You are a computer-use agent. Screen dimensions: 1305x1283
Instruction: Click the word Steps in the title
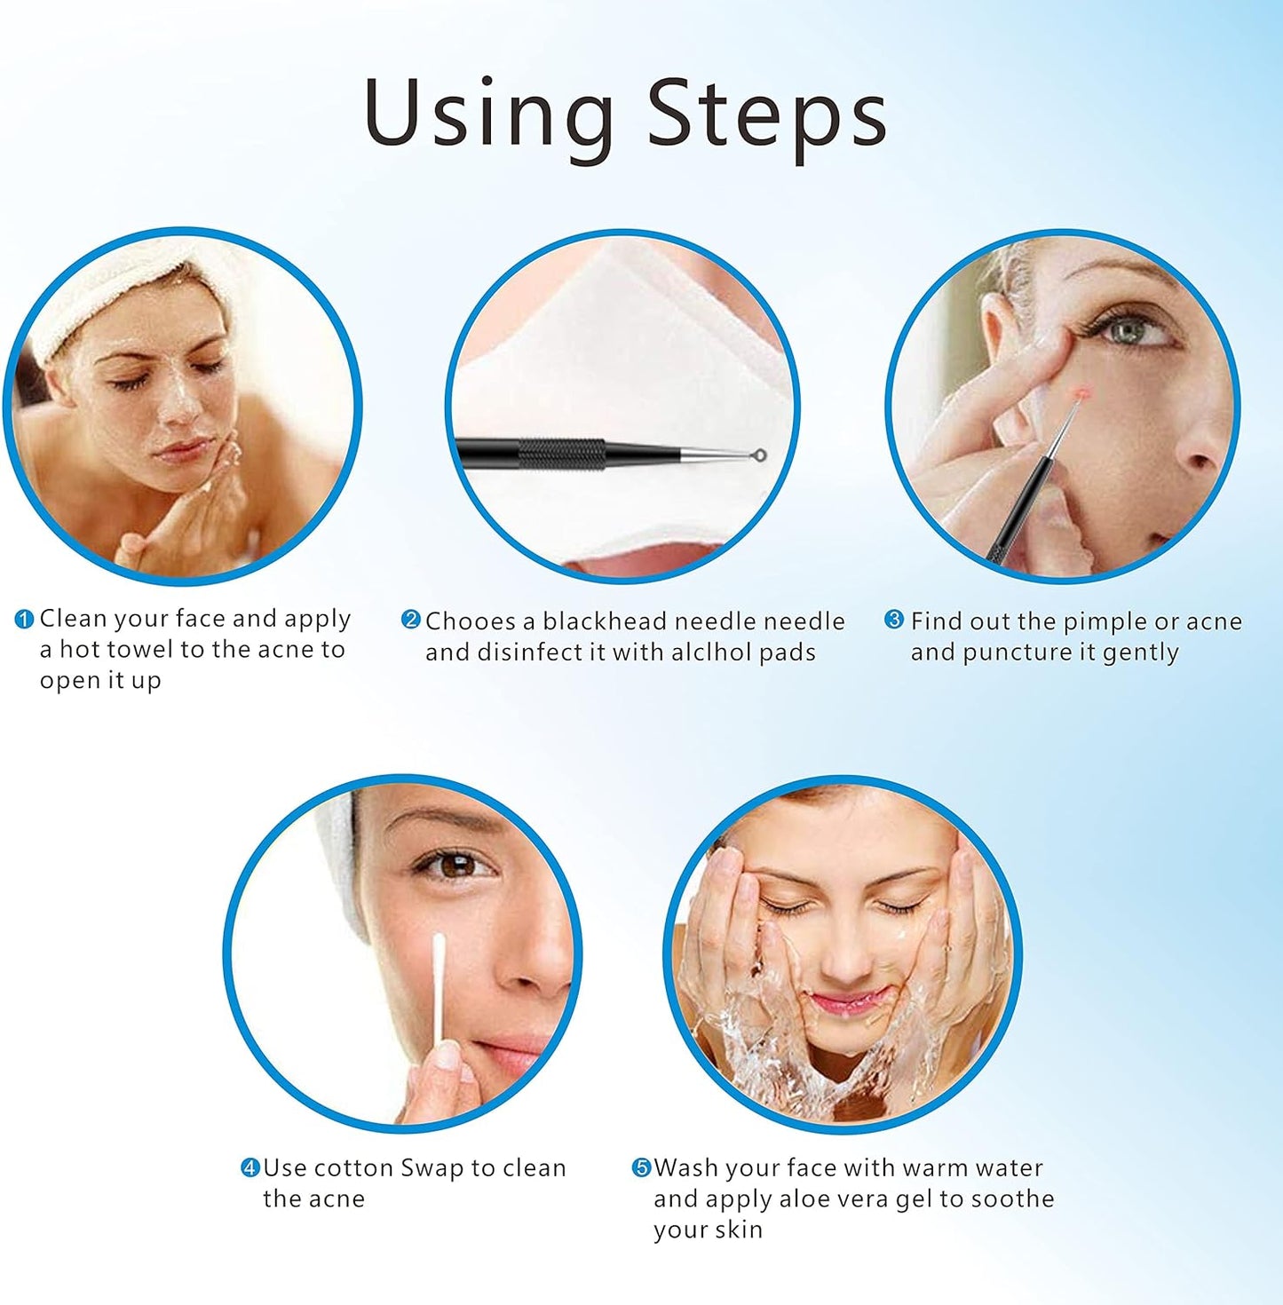766,114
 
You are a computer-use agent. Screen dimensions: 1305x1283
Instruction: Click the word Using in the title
488,114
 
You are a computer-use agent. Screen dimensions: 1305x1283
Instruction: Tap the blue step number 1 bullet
25,619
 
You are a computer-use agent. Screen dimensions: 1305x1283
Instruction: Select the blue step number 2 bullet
410,620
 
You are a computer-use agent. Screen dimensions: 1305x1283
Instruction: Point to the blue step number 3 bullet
895,620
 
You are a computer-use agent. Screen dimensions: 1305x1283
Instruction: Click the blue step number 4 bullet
250,1167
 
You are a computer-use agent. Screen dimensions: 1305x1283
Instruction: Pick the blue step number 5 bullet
641,1167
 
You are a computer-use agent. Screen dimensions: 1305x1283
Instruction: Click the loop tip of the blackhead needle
758,455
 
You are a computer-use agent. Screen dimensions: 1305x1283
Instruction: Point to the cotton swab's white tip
439,945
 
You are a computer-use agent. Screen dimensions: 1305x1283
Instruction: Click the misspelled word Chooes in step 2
471,621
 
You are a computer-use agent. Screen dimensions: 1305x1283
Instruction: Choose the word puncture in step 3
1016,652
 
